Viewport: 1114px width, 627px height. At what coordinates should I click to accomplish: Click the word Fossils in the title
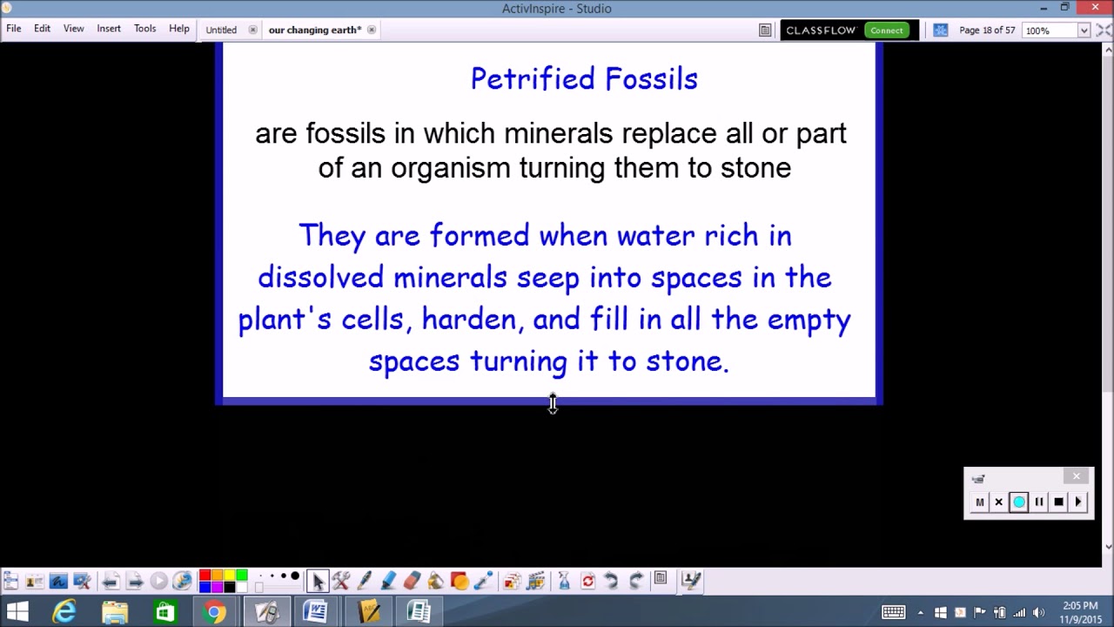[x=651, y=79]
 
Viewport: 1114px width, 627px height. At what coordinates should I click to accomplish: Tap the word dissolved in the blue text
[x=320, y=278]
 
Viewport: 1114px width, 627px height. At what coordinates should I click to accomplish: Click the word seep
[x=547, y=279]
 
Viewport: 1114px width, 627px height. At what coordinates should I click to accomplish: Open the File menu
[x=14, y=29]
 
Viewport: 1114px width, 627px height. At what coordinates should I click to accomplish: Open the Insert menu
[x=109, y=29]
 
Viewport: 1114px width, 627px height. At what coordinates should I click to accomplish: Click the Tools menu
[x=144, y=29]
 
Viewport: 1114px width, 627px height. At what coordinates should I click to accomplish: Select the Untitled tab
[x=221, y=30]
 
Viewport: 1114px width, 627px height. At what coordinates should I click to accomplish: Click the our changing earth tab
[x=314, y=30]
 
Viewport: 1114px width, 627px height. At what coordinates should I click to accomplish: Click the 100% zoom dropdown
[x=1057, y=30]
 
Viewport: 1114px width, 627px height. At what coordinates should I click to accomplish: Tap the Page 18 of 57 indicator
[x=986, y=30]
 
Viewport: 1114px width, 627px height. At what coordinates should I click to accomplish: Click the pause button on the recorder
[x=1038, y=502]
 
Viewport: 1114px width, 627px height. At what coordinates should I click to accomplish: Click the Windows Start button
[x=17, y=612]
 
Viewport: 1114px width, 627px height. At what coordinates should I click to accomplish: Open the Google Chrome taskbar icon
[x=214, y=612]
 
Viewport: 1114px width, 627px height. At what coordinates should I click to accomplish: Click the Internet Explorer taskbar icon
[x=64, y=612]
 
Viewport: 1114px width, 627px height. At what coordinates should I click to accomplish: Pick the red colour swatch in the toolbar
[x=205, y=575]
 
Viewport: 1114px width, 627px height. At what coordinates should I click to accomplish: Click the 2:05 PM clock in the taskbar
[x=1080, y=606]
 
